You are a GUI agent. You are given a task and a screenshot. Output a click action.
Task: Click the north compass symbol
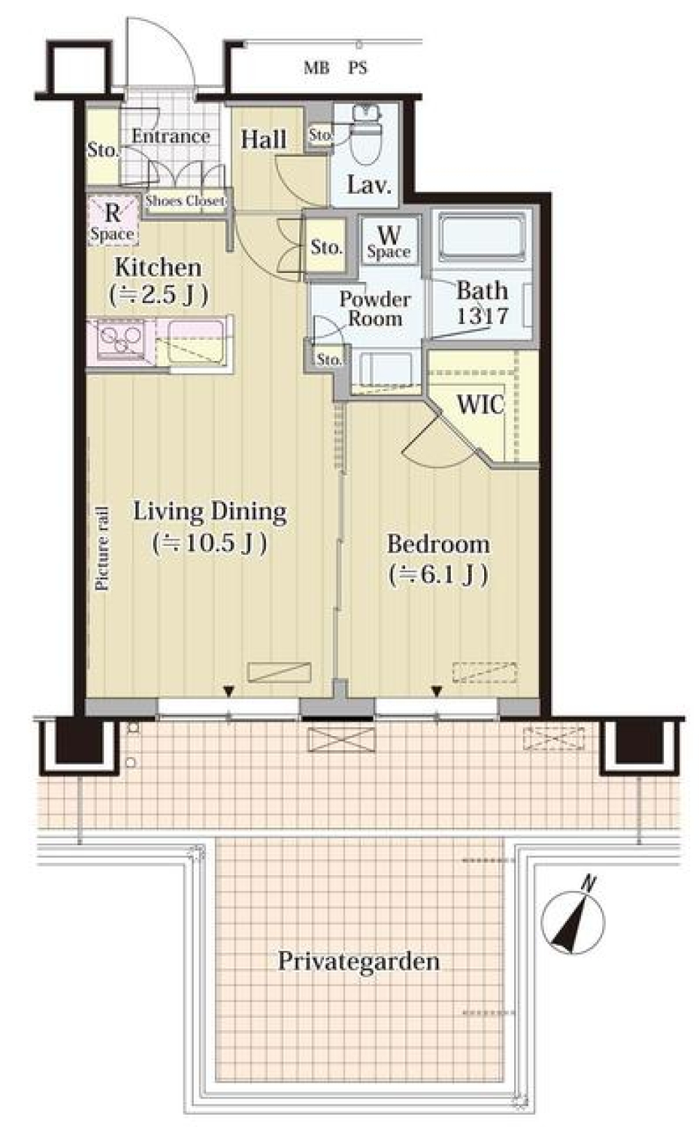click(x=573, y=921)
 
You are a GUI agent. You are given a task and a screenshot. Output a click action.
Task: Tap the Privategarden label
click(x=358, y=961)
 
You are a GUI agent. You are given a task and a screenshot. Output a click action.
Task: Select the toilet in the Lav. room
click(x=363, y=138)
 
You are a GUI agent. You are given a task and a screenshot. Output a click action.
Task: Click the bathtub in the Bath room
click(x=482, y=237)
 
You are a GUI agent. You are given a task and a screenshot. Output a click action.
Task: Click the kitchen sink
click(x=193, y=342)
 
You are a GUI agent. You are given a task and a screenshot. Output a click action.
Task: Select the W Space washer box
click(x=389, y=242)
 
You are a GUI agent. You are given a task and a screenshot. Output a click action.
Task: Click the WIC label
click(x=480, y=405)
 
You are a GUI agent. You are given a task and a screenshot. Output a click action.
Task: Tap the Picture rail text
click(x=103, y=547)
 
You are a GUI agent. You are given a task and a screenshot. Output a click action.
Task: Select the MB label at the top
click(x=316, y=68)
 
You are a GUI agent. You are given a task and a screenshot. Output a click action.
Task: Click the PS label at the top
click(x=357, y=68)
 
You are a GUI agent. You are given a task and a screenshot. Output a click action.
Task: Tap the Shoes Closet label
click(x=185, y=200)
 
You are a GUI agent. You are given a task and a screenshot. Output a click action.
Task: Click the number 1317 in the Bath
click(x=482, y=316)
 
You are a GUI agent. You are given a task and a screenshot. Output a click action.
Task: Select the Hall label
click(x=264, y=139)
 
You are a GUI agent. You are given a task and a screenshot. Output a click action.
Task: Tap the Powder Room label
click(x=375, y=309)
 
